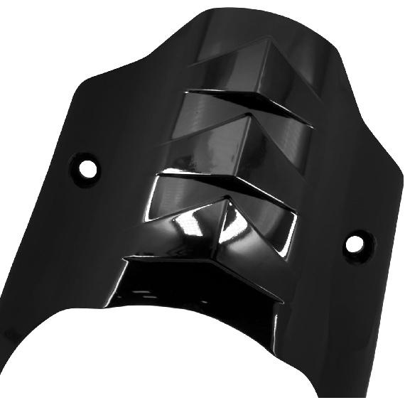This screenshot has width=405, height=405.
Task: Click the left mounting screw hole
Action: click(x=88, y=167)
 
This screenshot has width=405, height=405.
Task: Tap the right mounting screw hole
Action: click(x=355, y=244)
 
